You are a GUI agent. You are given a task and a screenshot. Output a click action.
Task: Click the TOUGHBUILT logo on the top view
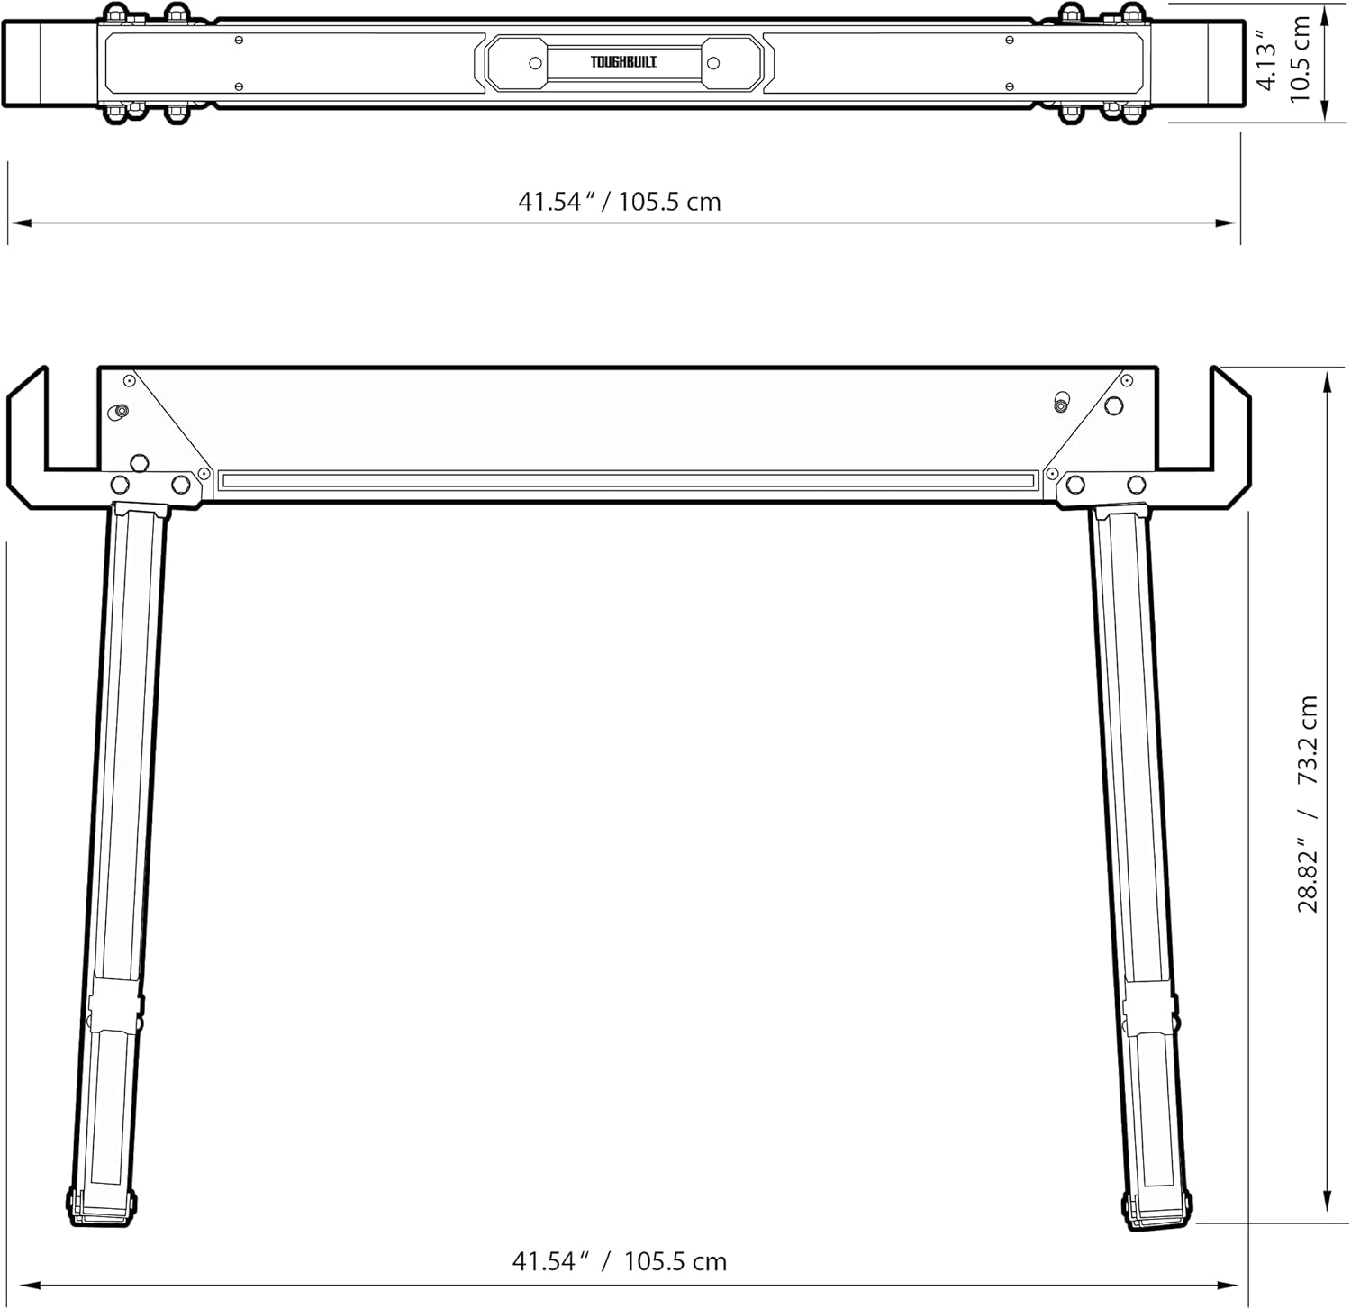tap(623, 62)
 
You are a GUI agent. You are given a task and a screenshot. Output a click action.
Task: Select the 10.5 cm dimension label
tap(1300, 59)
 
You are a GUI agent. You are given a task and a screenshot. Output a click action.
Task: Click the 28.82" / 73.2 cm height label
tap(1308, 804)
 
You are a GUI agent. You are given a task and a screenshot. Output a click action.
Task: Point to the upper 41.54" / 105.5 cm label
tap(620, 201)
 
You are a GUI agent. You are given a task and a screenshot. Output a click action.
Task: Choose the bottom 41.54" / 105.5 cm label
tap(620, 1261)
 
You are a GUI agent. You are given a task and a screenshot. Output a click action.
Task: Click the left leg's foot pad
tap(102, 1205)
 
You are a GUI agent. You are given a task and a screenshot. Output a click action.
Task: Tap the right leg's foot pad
tap(1159, 1209)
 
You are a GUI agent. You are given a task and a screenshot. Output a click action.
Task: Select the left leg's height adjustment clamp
tap(115, 1014)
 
